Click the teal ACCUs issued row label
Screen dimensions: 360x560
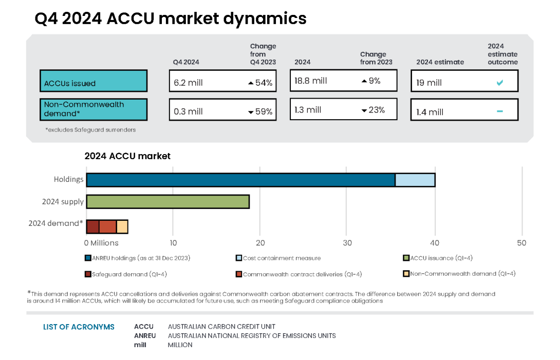94,81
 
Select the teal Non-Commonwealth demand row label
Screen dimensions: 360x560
94,109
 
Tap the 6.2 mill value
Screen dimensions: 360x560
188,83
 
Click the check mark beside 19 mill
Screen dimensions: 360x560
499,83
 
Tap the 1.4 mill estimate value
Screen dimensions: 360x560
430,112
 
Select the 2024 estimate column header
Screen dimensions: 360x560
440,62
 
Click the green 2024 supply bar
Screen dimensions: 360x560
167,202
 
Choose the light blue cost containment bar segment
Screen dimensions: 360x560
415,180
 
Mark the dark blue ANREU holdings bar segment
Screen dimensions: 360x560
240,180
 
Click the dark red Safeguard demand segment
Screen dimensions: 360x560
92,226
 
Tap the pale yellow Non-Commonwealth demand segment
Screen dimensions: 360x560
122,226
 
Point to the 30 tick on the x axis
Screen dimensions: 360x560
347,243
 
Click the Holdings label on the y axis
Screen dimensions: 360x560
68,180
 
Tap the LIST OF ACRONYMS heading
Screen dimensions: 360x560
79,327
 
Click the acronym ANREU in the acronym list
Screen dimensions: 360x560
144,335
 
